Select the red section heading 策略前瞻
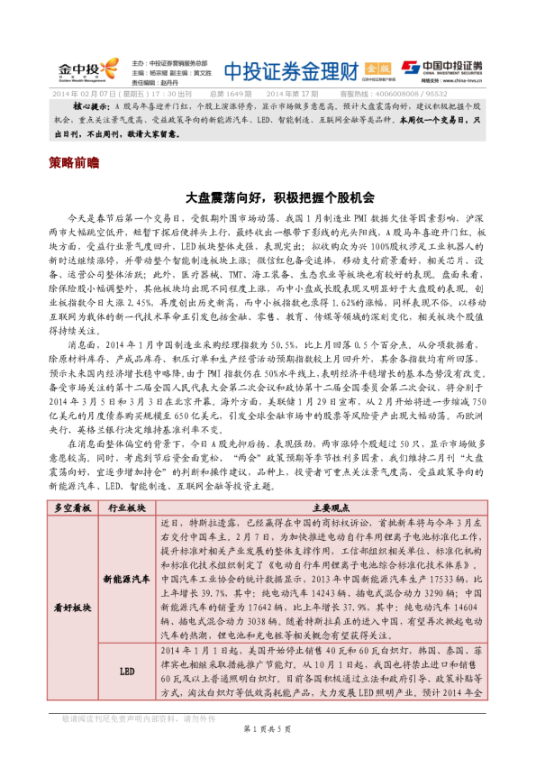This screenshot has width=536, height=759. [75, 165]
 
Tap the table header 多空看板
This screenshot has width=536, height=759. [74, 508]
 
